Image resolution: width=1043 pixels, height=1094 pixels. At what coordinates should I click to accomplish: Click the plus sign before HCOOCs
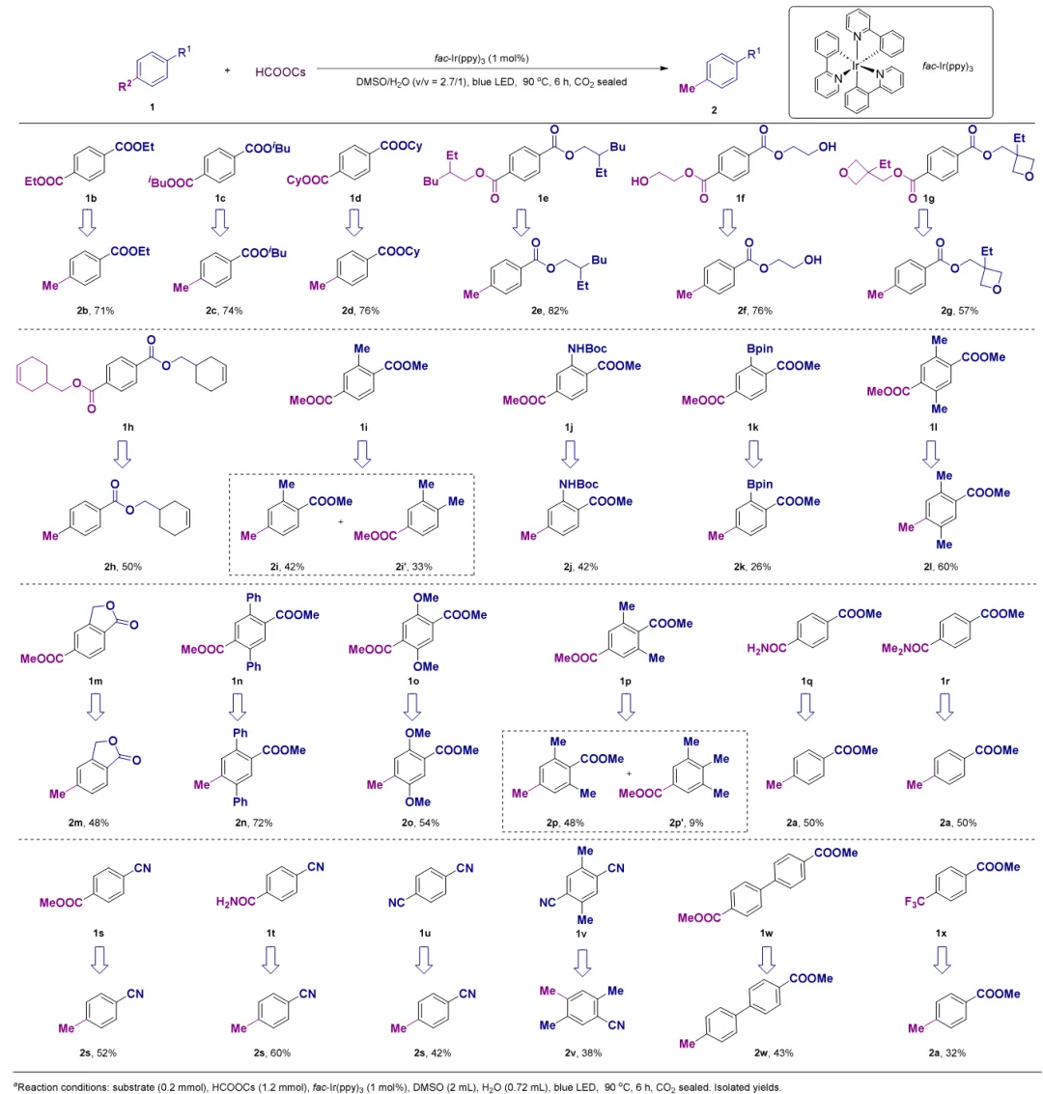tap(226, 71)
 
